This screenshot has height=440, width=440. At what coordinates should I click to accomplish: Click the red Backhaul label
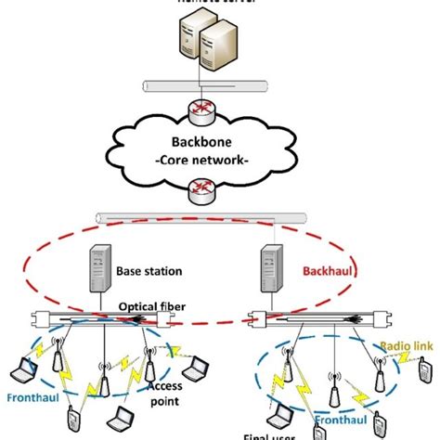click(324, 273)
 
